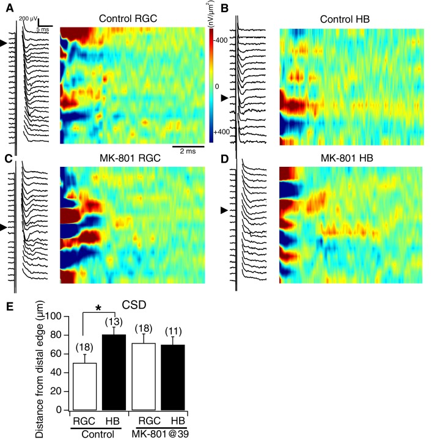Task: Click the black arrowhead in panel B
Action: pos(225,98)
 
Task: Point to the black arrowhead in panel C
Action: pos(4,227)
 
